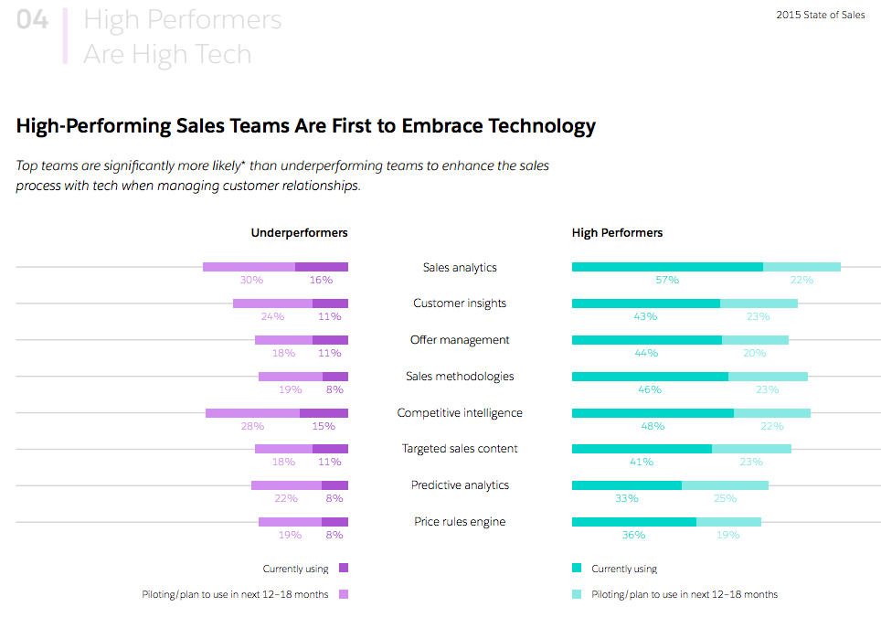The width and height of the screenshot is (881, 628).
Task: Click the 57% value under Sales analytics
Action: pyautogui.click(x=666, y=280)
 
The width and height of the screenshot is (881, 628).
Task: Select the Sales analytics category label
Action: pyautogui.click(x=460, y=268)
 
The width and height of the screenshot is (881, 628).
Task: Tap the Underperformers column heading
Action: pyautogui.click(x=299, y=233)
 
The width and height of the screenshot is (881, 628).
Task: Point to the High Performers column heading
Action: pyautogui.click(x=617, y=233)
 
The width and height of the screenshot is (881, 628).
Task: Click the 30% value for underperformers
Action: pyautogui.click(x=251, y=280)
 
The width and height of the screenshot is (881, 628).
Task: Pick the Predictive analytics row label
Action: pyautogui.click(x=460, y=485)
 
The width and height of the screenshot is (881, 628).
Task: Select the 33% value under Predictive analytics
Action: pyautogui.click(x=626, y=498)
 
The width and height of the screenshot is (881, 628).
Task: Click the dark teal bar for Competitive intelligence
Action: pyautogui.click(x=653, y=413)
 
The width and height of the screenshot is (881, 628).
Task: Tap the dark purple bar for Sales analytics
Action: pyautogui.click(x=321, y=267)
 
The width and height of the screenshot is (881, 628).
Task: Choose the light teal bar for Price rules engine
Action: pyautogui.click(x=728, y=522)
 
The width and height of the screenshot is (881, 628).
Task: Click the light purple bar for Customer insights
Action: pyautogui.click(x=272, y=303)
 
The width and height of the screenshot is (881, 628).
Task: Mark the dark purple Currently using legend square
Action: pyautogui.click(x=344, y=569)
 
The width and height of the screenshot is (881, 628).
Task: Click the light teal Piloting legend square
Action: pyautogui.click(x=577, y=594)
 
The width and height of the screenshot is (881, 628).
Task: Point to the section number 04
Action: pyautogui.click(x=33, y=20)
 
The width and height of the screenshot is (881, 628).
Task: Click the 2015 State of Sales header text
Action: pyautogui.click(x=820, y=15)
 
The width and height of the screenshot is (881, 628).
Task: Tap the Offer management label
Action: pyautogui.click(x=460, y=340)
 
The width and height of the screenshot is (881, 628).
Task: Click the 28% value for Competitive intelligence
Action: pyautogui.click(x=252, y=426)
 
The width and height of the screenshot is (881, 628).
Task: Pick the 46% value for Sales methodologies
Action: pyautogui.click(x=650, y=389)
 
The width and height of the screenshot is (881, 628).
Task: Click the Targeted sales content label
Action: pyautogui.click(x=460, y=449)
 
